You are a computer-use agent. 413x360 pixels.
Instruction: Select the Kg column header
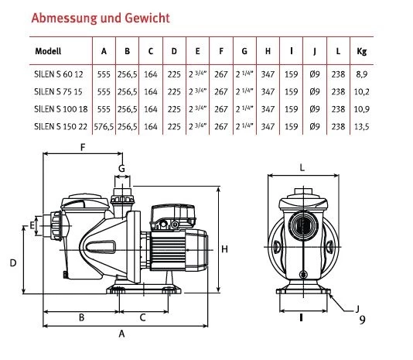[x=362, y=51]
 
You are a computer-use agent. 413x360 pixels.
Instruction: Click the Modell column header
[x=48, y=51]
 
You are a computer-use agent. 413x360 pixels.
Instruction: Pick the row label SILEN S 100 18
[x=61, y=109]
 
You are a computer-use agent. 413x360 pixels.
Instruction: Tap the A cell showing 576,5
[x=104, y=127]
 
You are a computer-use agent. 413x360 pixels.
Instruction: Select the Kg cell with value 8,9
[x=362, y=74]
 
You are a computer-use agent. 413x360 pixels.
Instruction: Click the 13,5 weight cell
[x=362, y=127]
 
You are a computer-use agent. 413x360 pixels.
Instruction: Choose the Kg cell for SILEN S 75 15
[x=362, y=92]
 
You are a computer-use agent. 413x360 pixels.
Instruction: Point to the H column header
[x=268, y=51]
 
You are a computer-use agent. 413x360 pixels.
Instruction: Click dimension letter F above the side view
[x=83, y=147]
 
